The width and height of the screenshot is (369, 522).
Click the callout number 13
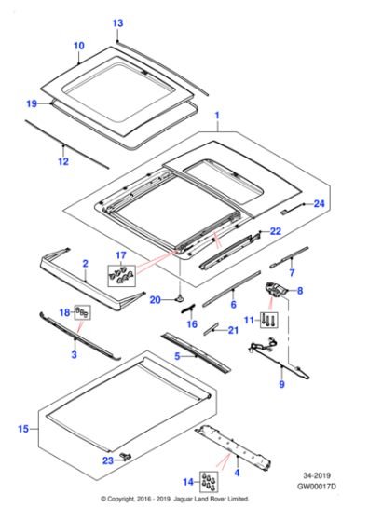117,23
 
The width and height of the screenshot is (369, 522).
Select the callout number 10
79,46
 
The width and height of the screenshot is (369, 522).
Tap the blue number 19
32,103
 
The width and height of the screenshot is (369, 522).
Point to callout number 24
319,203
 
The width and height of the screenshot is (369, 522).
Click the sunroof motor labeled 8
275,290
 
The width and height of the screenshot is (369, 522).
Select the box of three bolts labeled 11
269,320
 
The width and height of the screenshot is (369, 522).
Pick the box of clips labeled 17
121,275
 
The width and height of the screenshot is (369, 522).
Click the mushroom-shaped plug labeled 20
181,299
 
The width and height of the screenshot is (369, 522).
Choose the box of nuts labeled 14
209,481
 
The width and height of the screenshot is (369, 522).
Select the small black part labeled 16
188,309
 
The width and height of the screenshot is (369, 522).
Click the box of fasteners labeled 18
82,312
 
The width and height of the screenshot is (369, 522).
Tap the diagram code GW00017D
317,487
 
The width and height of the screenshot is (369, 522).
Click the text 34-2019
317,475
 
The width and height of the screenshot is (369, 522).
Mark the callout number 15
23,429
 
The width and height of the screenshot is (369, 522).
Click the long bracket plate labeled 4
233,446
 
